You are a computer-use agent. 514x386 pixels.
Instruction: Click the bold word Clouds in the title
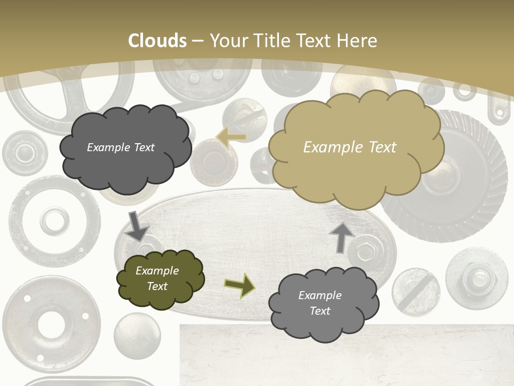[x=157, y=41]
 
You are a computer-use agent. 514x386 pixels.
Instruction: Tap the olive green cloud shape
[x=160, y=279]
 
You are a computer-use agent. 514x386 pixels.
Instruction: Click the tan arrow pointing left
[x=232, y=137]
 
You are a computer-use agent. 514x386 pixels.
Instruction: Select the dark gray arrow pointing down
[x=137, y=226]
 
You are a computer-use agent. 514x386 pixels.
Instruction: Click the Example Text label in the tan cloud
[x=350, y=147]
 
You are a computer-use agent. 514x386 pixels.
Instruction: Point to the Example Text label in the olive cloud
[x=157, y=278]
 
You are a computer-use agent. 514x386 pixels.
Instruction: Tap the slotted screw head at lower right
[x=415, y=292]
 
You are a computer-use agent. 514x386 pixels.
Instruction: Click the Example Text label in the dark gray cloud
[x=120, y=147]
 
